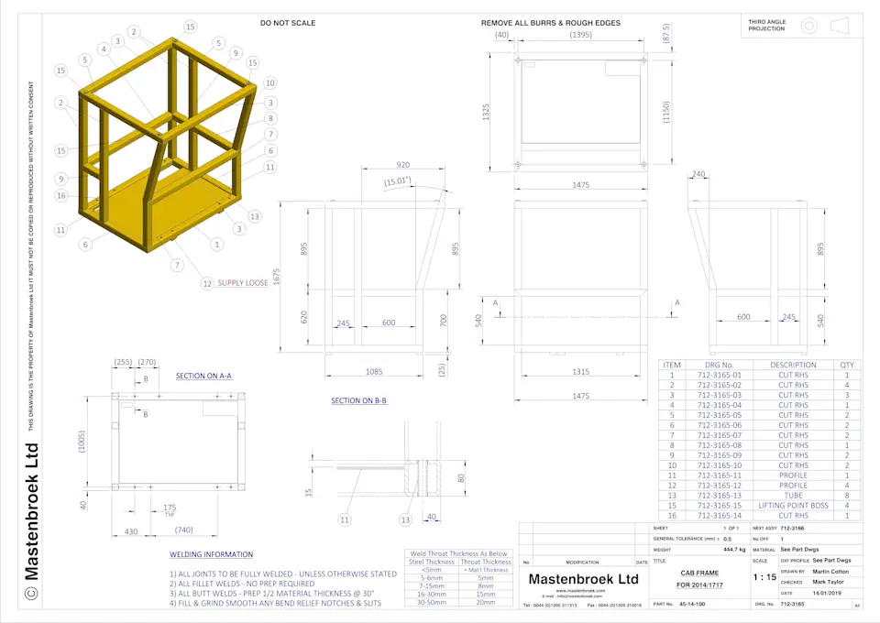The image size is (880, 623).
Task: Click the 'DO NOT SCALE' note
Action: [287, 23]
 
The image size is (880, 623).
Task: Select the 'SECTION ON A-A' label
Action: [203, 376]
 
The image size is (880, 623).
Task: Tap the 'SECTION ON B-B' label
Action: [358, 401]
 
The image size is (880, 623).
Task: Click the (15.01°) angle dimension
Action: [398, 181]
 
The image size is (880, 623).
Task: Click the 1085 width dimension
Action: [375, 371]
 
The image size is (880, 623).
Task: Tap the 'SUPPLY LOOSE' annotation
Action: [242, 283]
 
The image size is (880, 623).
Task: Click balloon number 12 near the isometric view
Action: [207, 283]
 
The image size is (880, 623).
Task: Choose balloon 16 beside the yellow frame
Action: [60, 195]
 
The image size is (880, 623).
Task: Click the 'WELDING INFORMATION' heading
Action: [211, 554]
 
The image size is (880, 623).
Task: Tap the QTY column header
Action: [847, 365]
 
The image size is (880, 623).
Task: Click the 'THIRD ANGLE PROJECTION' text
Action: [766, 25]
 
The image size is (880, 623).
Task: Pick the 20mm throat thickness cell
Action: [485, 603]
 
